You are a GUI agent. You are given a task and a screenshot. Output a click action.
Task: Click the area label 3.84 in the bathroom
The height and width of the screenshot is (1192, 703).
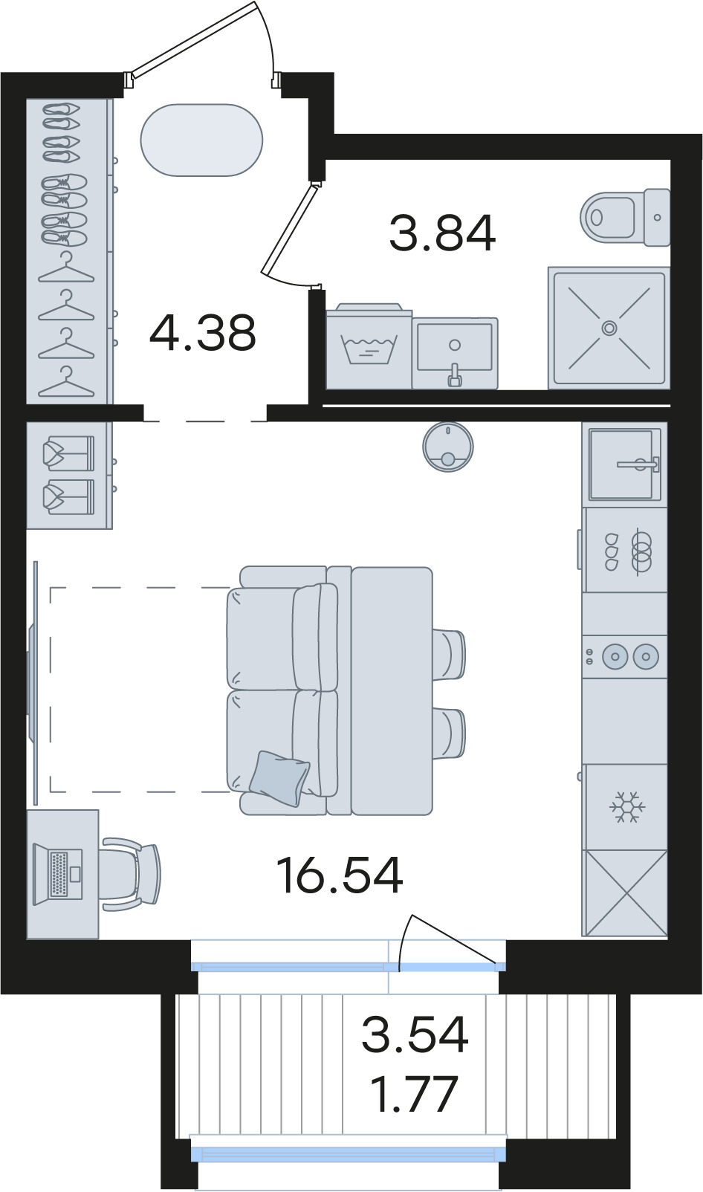tap(442, 233)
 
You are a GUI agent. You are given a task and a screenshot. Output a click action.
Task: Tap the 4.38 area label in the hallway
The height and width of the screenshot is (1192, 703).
tap(203, 333)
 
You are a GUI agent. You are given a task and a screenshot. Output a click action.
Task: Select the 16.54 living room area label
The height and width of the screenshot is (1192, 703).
tap(340, 875)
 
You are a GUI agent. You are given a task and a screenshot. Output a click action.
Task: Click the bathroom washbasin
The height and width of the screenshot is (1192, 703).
tap(455, 353)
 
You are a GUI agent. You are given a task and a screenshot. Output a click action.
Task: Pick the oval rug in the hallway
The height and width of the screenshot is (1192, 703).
tap(201, 140)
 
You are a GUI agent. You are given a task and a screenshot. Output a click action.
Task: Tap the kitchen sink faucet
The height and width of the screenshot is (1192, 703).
tap(639, 464)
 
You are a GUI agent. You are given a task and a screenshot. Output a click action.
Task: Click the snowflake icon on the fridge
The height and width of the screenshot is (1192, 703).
tap(624, 806)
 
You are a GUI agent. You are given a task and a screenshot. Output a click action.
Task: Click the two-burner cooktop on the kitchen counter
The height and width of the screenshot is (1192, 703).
tap(625, 655)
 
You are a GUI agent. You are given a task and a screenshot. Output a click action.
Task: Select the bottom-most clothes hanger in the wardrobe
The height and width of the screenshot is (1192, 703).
tap(66, 383)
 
